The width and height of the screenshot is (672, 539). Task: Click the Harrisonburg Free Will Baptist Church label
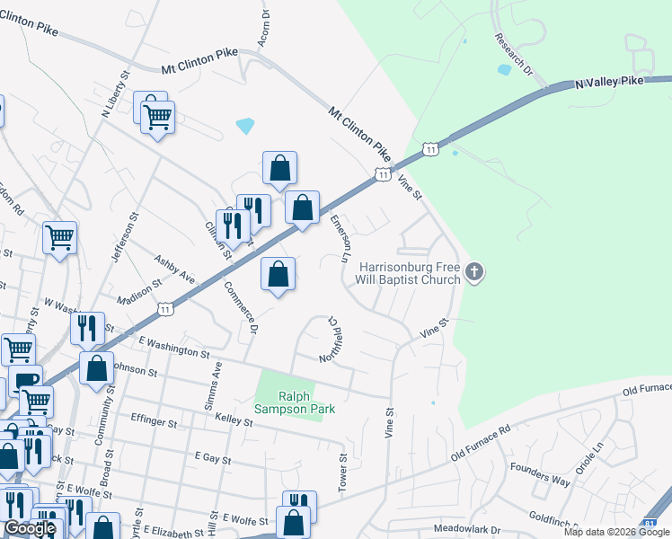coord(410,273)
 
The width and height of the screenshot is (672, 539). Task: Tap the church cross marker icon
coord(475,271)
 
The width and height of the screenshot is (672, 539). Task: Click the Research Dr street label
coord(514,55)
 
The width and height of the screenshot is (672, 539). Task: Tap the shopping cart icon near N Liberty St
coord(158,117)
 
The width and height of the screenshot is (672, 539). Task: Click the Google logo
coord(31,528)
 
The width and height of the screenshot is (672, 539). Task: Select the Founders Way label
coord(540,474)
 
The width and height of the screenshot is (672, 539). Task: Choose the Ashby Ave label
coord(174,268)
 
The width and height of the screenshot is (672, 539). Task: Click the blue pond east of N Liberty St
coord(245,126)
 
